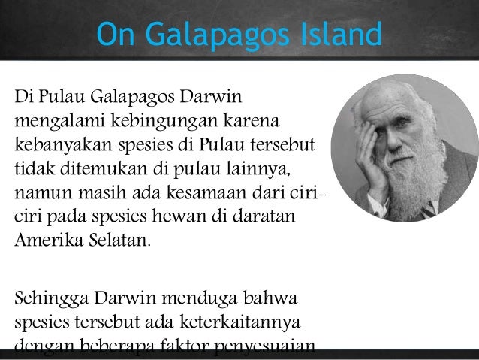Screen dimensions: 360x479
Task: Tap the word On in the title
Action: click(x=113, y=35)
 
